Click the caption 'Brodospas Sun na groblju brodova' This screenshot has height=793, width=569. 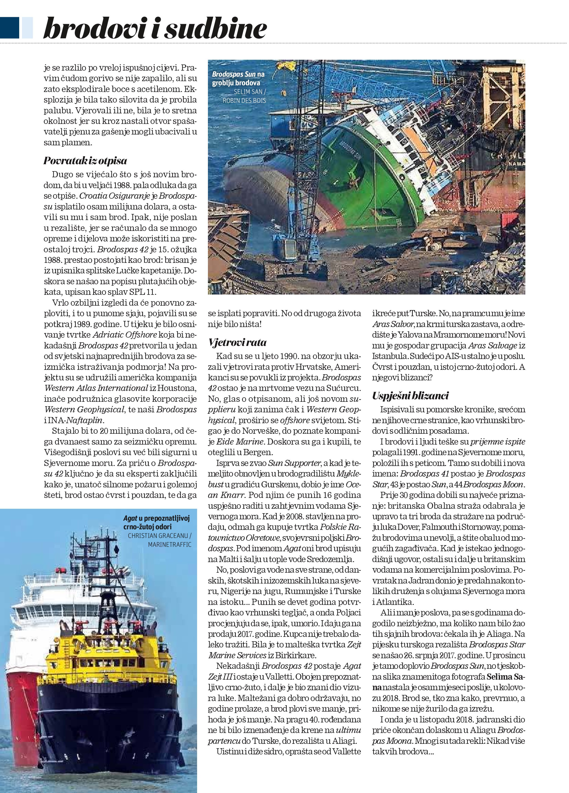(238, 79)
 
